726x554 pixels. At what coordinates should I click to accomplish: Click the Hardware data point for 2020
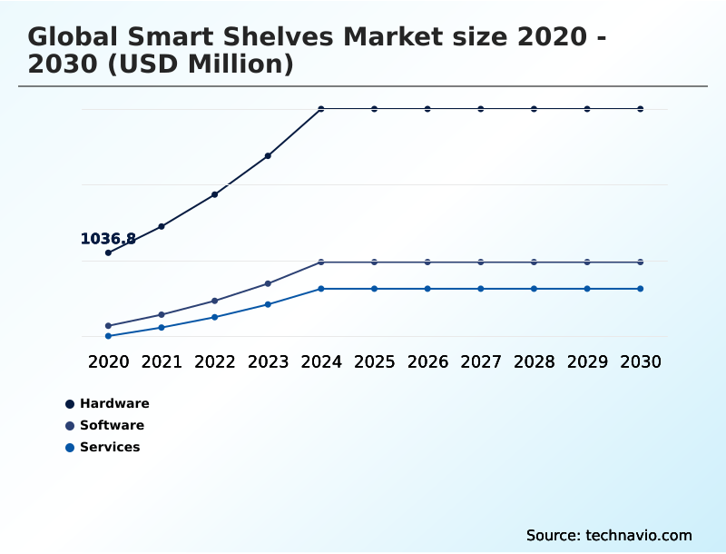108,252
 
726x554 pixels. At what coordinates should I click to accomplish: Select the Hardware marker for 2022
215,194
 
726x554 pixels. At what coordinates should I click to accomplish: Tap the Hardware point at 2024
321,109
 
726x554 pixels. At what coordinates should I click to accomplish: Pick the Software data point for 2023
268,283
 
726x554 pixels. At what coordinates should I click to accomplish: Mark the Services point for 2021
162,327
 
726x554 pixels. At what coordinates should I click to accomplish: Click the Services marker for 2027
481,289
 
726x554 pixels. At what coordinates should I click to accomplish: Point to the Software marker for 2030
641,262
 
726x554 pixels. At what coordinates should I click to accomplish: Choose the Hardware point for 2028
534,109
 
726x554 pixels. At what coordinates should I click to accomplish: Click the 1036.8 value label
108,239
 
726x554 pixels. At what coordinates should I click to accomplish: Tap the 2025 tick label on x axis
374,361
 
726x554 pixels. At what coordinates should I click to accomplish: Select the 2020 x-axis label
108,361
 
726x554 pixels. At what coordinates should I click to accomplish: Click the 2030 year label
641,361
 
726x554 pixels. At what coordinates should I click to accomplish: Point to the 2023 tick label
268,361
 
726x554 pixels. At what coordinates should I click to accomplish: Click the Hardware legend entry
114,403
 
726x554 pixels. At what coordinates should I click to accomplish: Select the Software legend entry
112,425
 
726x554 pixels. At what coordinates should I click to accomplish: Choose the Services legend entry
110,447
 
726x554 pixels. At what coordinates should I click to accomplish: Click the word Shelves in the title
278,37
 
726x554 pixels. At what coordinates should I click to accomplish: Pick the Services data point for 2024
321,289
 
